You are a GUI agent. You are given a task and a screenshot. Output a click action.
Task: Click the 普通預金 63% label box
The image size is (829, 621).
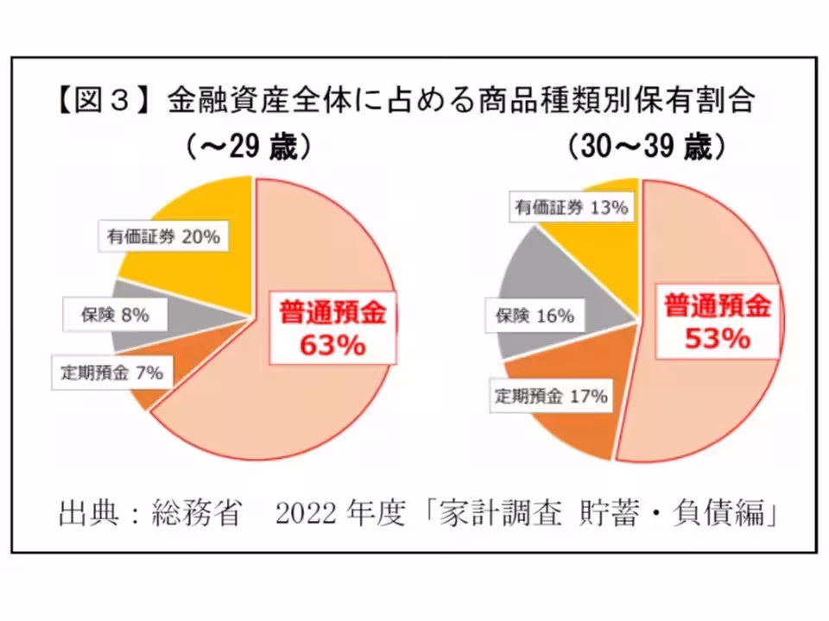pyautogui.click(x=332, y=328)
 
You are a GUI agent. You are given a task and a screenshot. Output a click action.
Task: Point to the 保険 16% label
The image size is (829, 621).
pyautogui.click(x=535, y=316)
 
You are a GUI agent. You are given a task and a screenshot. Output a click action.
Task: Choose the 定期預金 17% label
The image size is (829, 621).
pyautogui.click(x=551, y=397)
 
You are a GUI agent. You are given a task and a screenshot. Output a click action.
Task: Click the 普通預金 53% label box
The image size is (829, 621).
pyautogui.click(x=717, y=322)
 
